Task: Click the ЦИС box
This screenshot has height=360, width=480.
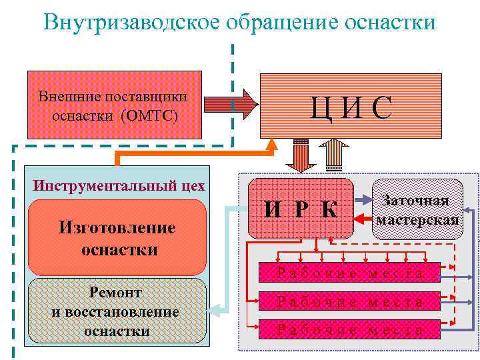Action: point(350,106)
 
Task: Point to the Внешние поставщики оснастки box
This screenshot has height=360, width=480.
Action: point(114,105)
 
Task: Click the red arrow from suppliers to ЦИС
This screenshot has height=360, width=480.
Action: point(229,104)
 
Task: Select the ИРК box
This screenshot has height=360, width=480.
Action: point(301,209)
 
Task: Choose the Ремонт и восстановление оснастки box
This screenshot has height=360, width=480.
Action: point(116,311)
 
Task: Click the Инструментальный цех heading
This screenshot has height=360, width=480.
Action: point(119,185)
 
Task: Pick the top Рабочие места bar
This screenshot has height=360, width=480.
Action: point(350,272)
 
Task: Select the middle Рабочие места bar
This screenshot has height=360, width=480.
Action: point(350,301)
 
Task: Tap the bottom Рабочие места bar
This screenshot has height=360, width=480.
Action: point(350,329)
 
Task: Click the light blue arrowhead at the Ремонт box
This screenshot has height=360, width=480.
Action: point(214,309)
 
